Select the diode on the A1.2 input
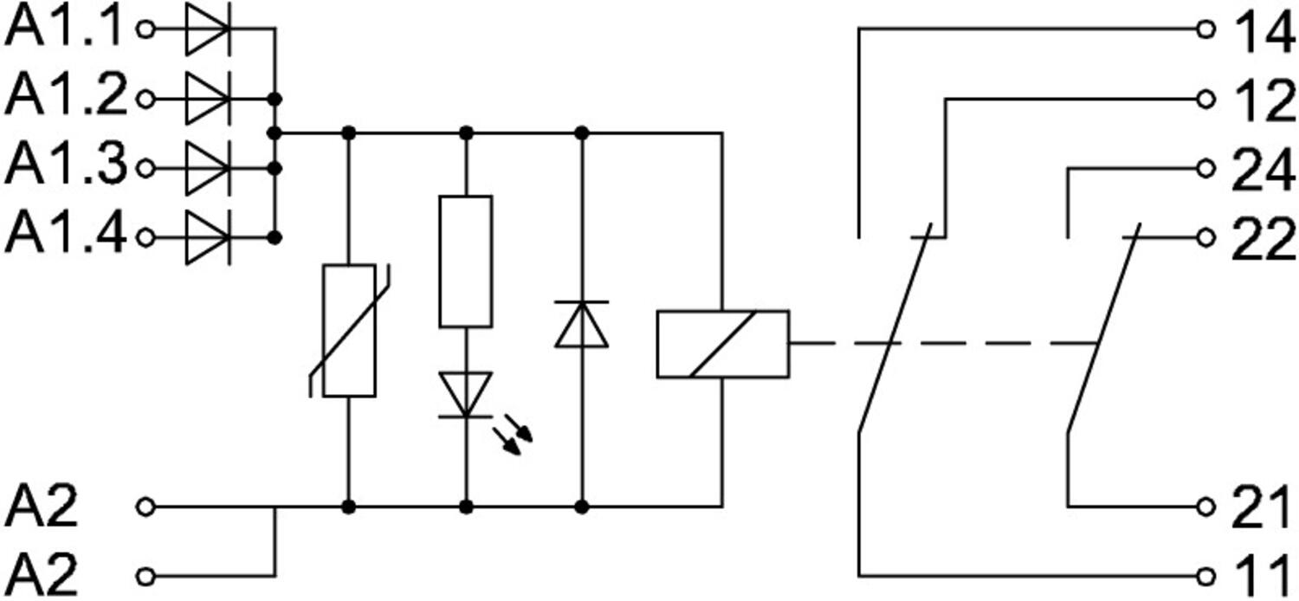pos(208,100)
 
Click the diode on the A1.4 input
pos(208,238)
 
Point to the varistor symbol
pos(349,331)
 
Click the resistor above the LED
pos(466,262)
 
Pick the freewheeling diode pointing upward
pos(582,324)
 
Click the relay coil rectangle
pos(722,345)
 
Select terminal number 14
pos(1264,29)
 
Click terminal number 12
pos(1264,100)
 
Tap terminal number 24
pos(1264,169)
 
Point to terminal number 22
pos(1264,238)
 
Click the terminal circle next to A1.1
pos(145,29)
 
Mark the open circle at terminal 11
pos(1205,577)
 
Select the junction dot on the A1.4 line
pos(275,238)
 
